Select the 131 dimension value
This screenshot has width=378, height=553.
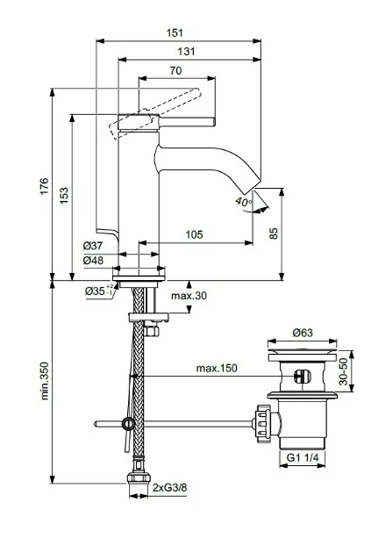point(186,52)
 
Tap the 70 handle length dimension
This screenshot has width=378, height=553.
point(175,71)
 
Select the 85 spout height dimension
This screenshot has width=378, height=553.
point(273,233)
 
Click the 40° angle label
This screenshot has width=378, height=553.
point(243,202)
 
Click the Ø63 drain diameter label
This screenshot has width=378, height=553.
point(302,333)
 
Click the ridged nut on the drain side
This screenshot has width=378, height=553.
point(260,422)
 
